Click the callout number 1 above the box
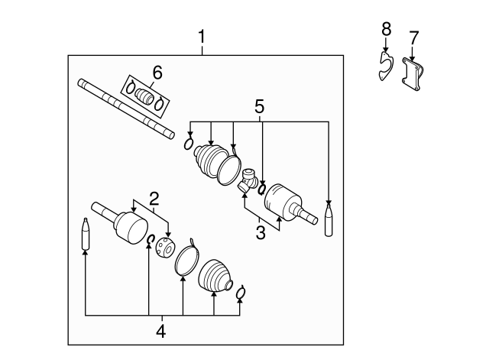click(x=202, y=36)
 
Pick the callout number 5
click(x=261, y=105)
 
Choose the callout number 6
click(x=157, y=72)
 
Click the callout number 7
click(x=413, y=37)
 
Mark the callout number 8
click(x=386, y=30)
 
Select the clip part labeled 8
click(x=386, y=66)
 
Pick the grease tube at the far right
click(x=329, y=219)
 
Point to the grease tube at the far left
click(x=86, y=235)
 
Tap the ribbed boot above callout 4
click(x=215, y=277)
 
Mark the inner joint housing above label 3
click(x=284, y=203)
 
